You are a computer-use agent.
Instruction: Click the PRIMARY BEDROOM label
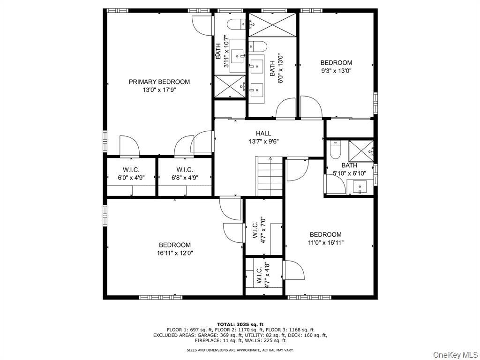click(x=159, y=82)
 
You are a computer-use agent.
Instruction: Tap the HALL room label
click(x=263, y=134)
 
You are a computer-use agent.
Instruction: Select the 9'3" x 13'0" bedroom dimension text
click(x=336, y=71)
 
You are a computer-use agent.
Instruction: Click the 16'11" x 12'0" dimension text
click(x=175, y=253)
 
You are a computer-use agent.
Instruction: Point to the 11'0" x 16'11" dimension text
click(x=326, y=243)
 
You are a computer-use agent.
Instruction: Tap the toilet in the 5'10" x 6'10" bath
click(x=336, y=150)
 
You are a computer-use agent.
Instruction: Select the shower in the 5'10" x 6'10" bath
click(x=361, y=150)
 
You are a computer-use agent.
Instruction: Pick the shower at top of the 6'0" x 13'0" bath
click(x=272, y=25)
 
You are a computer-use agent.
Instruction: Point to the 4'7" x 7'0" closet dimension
click(x=263, y=230)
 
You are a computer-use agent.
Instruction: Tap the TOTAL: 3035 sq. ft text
click(x=240, y=324)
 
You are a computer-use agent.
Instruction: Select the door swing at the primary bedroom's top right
click(x=202, y=26)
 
